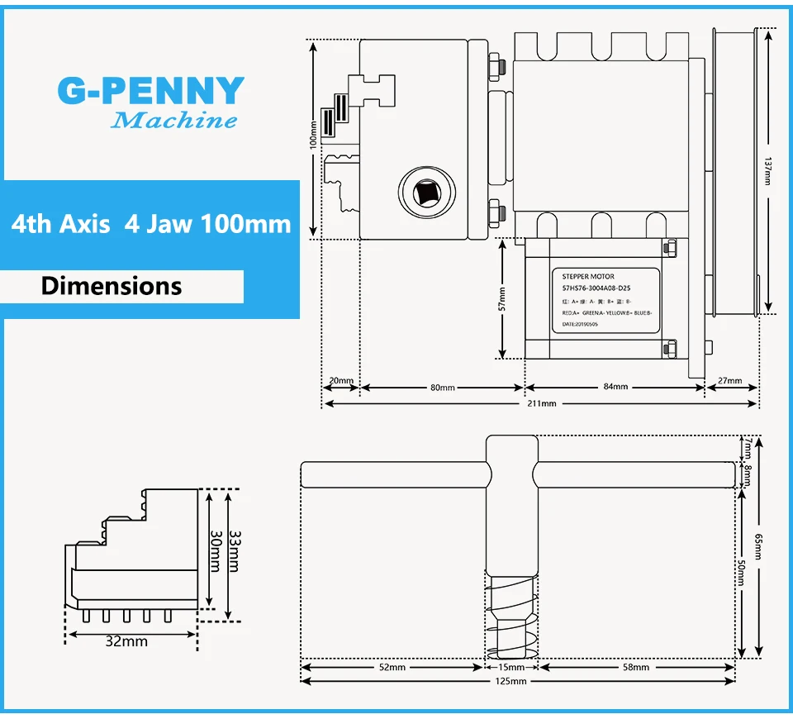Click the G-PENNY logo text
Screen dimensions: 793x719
pyautogui.click(x=151, y=91)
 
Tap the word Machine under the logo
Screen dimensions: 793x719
pyautogui.click(x=173, y=121)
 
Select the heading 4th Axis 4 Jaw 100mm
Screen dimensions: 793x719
pyautogui.click(x=151, y=224)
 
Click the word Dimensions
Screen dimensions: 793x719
pyautogui.click(x=112, y=286)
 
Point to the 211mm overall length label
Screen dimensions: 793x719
pyautogui.click(x=542, y=403)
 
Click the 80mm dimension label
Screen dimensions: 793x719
pyautogui.click(x=442, y=387)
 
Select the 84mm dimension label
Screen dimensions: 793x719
pyautogui.click(x=615, y=387)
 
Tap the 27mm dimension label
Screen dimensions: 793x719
pyautogui.click(x=731, y=382)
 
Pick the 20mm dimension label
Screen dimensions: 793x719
pyautogui.click(x=340, y=382)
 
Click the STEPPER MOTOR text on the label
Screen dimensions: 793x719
pyautogui.click(x=588, y=276)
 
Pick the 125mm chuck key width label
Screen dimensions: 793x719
pyautogui.click(x=511, y=681)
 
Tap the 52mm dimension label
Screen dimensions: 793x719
pyautogui.click(x=392, y=667)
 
